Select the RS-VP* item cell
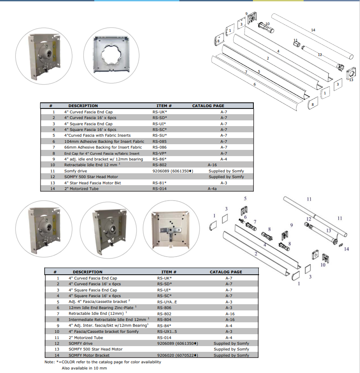click(x=160, y=153)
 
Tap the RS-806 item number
click(x=164, y=308)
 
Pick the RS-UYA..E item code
click(x=167, y=302)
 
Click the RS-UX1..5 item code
click(x=167, y=331)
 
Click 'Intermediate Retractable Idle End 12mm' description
click(x=108, y=319)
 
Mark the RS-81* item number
click(x=160, y=183)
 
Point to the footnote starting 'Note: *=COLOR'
click(x=103, y=362)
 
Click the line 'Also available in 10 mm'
click(x=84, y=368)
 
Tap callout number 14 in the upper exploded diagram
click(x=313, y=30)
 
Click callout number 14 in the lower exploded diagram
click(x=346, y=249)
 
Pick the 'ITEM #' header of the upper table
click(x=164, y=106)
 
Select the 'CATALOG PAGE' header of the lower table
click(x=226, y=272)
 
